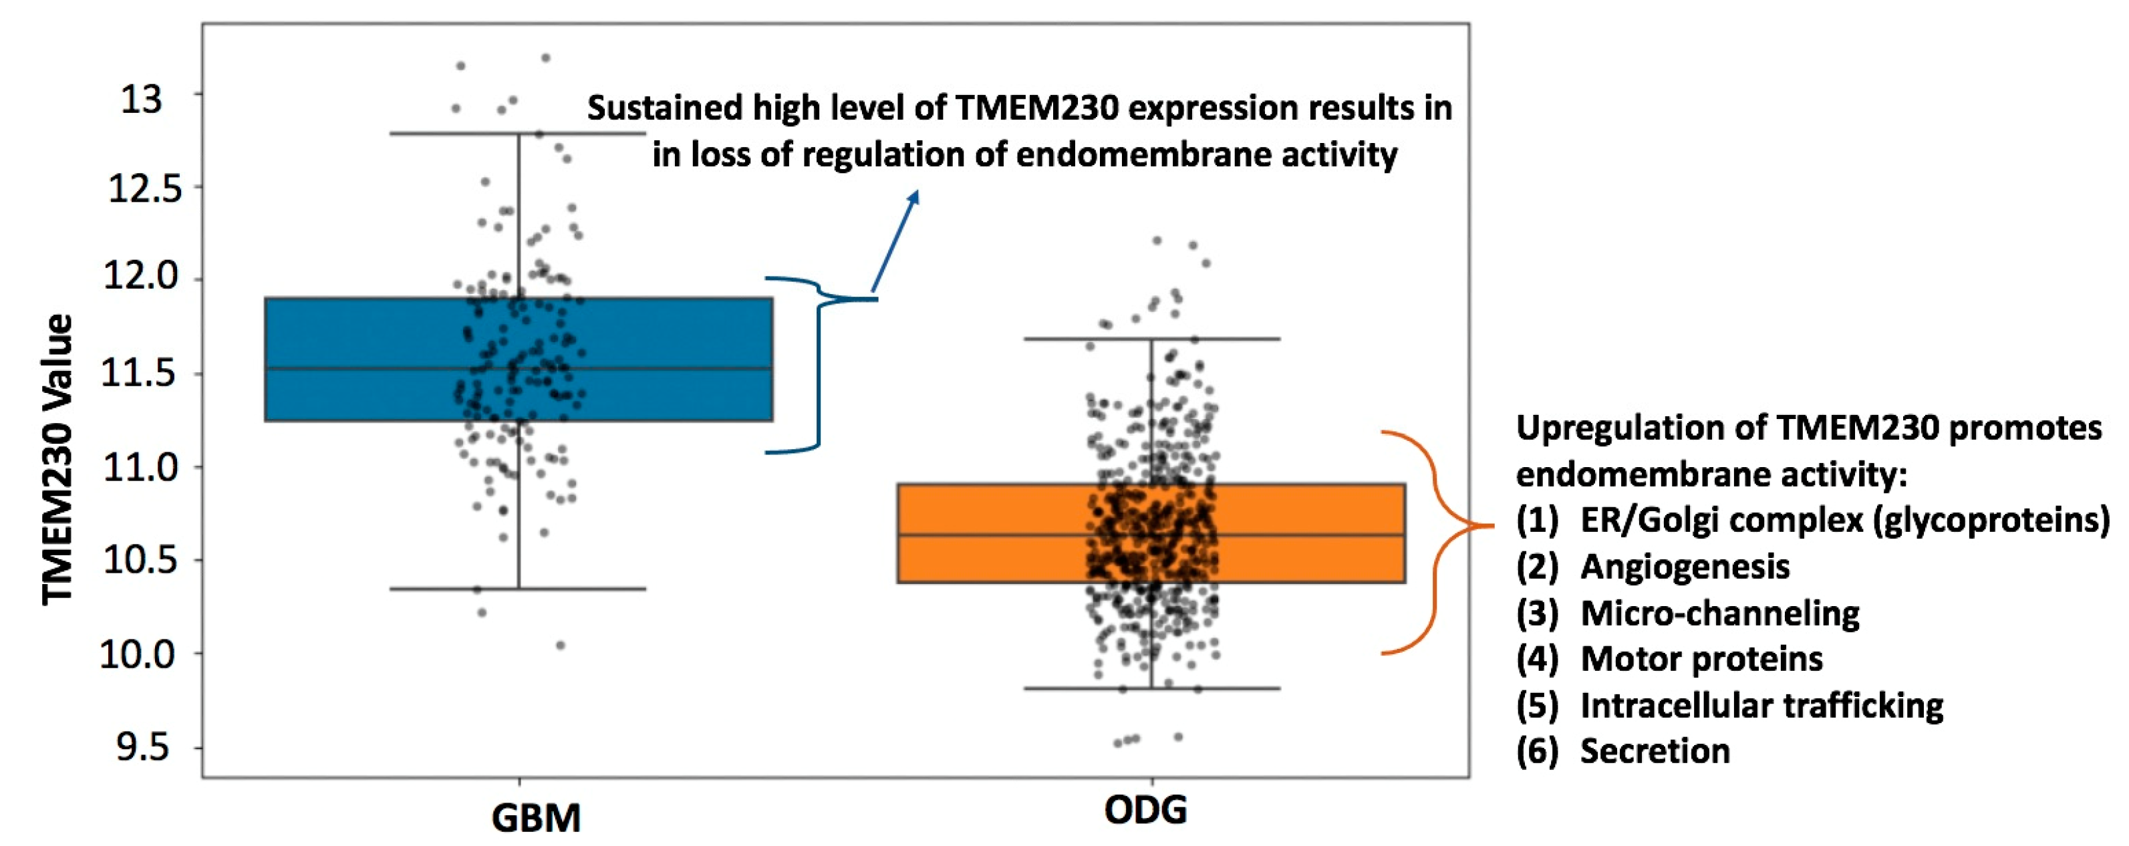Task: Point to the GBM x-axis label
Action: click(535, 818)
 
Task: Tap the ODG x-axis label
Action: click(1145, 811)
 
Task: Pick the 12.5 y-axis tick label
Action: click(144, 189)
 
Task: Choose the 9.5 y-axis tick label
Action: click(142, 748)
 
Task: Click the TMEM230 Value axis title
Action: click(58, 459)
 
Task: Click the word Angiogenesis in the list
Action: click(1685, 567)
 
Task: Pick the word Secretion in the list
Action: click(1655, 751)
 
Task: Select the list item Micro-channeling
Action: click(1720, 613)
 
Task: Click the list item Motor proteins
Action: click(1701, 660)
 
